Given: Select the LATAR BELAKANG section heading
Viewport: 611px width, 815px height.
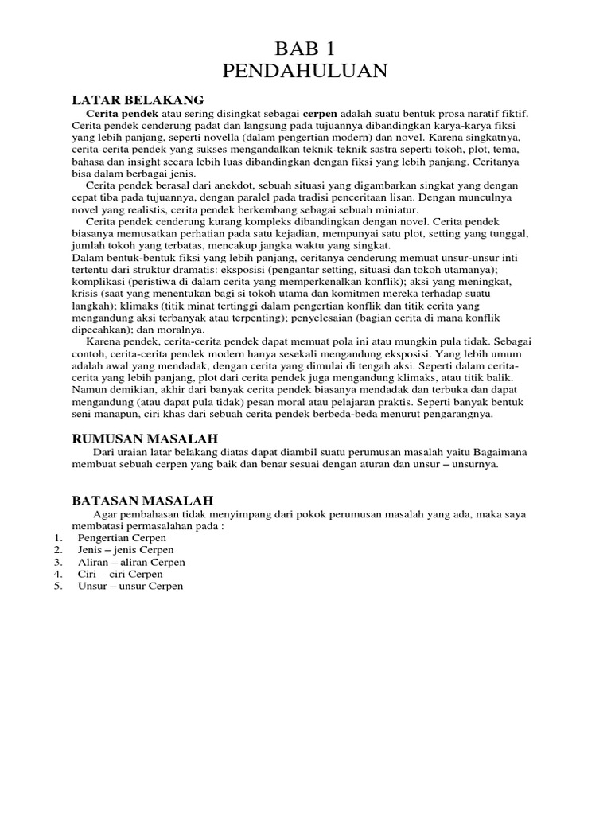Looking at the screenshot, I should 138,100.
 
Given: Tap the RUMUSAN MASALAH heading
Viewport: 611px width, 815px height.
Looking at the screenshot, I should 145,439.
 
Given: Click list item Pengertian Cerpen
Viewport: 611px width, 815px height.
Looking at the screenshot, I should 122,538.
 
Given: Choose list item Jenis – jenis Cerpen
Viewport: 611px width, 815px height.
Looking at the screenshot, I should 125,550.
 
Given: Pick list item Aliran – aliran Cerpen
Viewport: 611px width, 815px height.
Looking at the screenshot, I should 131,562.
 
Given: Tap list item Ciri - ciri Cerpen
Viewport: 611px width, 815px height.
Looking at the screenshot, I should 120,574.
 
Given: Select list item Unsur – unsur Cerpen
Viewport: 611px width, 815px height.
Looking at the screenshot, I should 130,586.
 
